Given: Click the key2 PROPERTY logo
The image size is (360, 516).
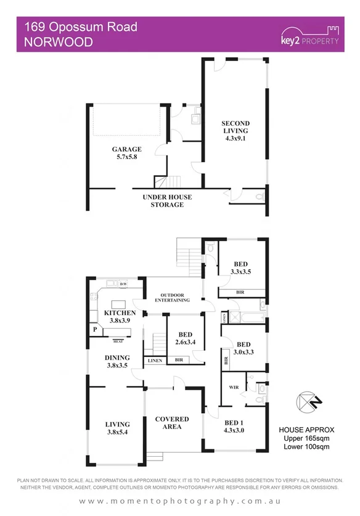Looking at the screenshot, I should (309, 36).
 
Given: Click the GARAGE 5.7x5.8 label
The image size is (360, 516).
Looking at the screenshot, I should (126, 153).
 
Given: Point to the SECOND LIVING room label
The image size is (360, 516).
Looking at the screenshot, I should (235, 130).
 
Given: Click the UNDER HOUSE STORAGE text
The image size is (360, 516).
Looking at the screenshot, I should (167, 200).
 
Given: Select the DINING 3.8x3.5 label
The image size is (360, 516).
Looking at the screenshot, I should (117, 361).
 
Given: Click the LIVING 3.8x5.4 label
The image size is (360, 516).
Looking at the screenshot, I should (117, 428).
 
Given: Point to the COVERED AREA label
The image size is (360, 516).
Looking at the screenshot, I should (172, 423).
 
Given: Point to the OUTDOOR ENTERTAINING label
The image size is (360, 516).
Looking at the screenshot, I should (172, 297).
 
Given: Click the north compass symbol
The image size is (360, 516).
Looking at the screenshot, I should (306, 402).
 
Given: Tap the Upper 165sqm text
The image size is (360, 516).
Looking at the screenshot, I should (306, 438).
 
